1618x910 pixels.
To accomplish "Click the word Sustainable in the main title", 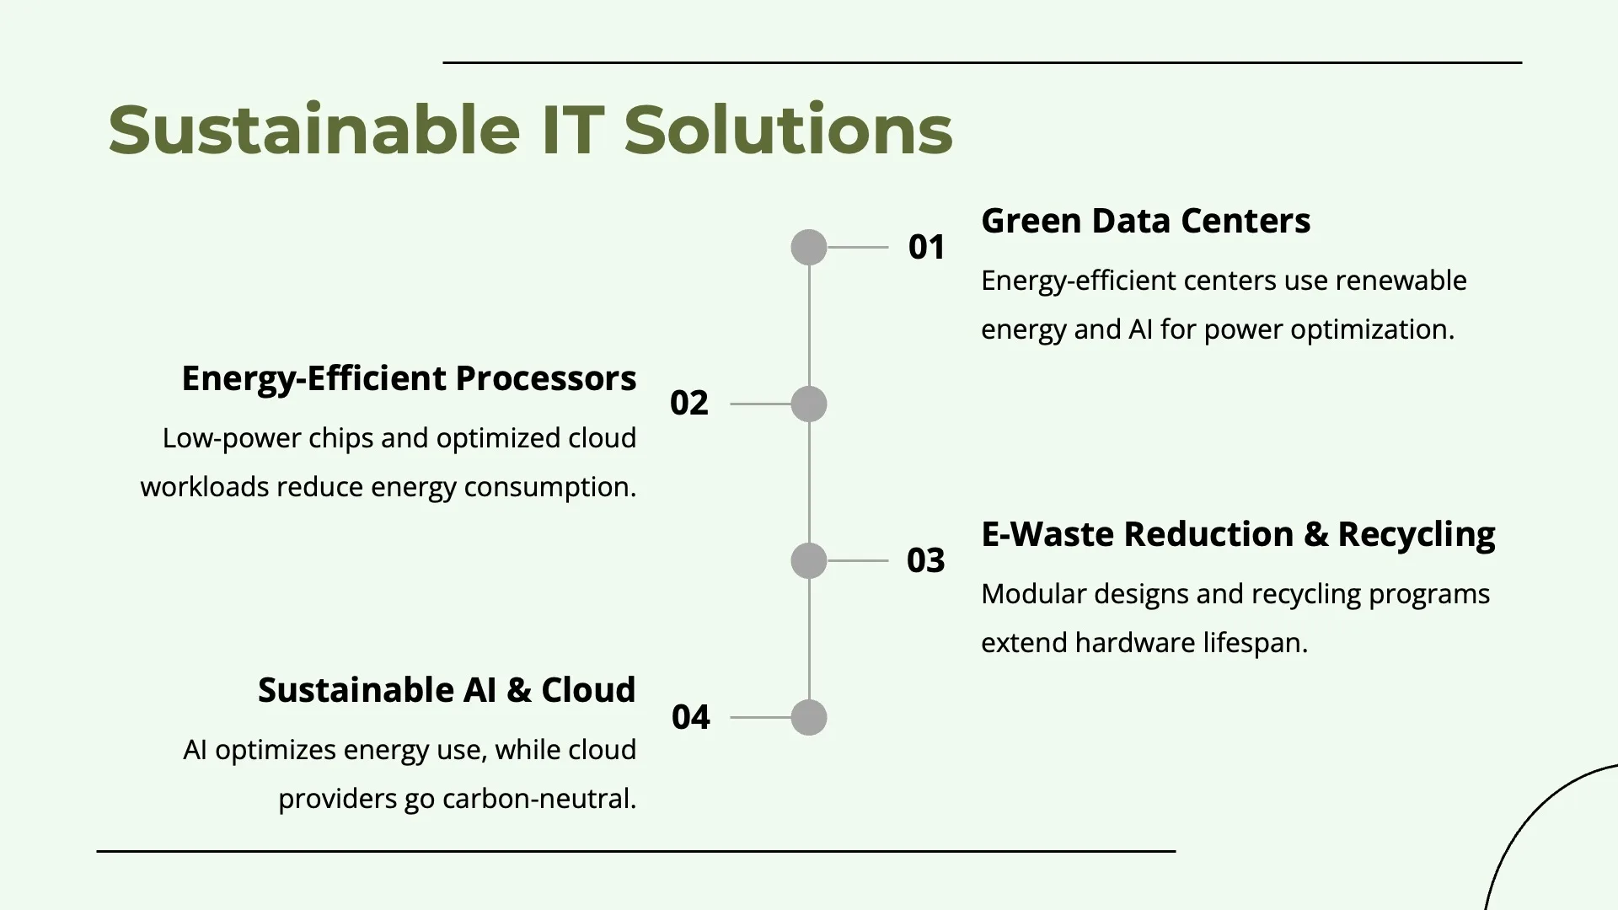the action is pyautogui.click(x=314, y=130).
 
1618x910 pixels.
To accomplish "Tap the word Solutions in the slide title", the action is pyautogui.click(x=788, y=130).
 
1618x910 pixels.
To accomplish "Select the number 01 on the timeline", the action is pyautogui.click(x=926, y=248).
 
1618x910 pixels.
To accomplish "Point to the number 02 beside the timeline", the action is pyautogui.click(x=688, y=404).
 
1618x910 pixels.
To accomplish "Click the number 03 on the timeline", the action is pyautogui.click(x=925, y=561).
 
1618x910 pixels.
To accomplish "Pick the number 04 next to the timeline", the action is pyautogui.click(x=690, y=718).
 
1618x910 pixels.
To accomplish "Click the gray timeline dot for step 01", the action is pyautogui.click(x=809, y=248).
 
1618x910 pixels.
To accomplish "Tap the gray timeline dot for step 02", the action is pyautogui.click(x=809, y=404).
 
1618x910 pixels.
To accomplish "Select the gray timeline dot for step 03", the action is pyautogui.click(x=809, y=561).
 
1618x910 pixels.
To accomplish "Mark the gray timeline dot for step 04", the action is pyautogui.click(x=809, y=718).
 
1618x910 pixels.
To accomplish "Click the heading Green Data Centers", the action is pyautogui.click(x=1146, y=221).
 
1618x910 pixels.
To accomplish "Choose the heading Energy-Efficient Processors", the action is pyautogui.click(x=409, y=379).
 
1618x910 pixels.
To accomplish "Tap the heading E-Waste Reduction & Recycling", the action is pyautogui.click(x=1239, y=535).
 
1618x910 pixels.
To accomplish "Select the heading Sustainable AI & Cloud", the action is pyautogui.click(x=447, y=690).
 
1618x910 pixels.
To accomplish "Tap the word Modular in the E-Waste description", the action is pyautogui.click(x=1034, y=594).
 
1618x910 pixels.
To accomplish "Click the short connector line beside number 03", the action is pyautogui.click(x=858, y=561).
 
